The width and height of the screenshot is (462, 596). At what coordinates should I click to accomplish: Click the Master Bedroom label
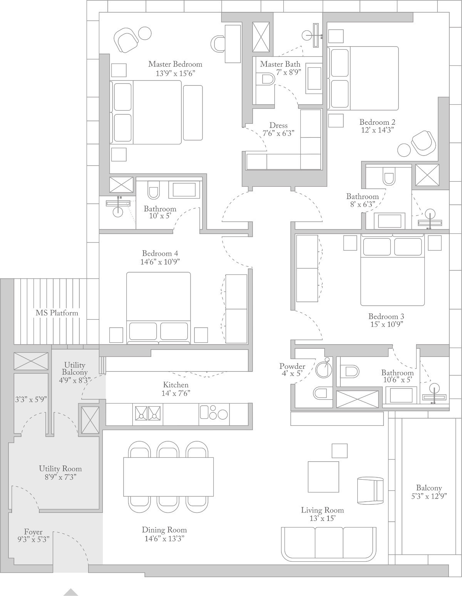[175, 64]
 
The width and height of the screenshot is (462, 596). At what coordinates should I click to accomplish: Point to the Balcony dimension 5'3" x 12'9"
[429, 496]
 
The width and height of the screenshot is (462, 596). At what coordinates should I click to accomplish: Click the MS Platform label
[57, 313]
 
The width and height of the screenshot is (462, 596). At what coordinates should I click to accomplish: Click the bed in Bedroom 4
[159, 308]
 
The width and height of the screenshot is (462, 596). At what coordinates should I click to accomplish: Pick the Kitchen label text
[176, 385]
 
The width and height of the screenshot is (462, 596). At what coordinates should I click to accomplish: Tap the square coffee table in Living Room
[323, 477]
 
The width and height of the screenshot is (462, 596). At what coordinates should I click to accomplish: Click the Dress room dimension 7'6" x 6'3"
[279, 134]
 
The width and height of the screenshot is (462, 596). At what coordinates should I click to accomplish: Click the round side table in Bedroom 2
[404, 150]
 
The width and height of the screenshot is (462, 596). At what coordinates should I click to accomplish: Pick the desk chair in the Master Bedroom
[218, 44]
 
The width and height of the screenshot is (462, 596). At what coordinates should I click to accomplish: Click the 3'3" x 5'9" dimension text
[31, 399]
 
